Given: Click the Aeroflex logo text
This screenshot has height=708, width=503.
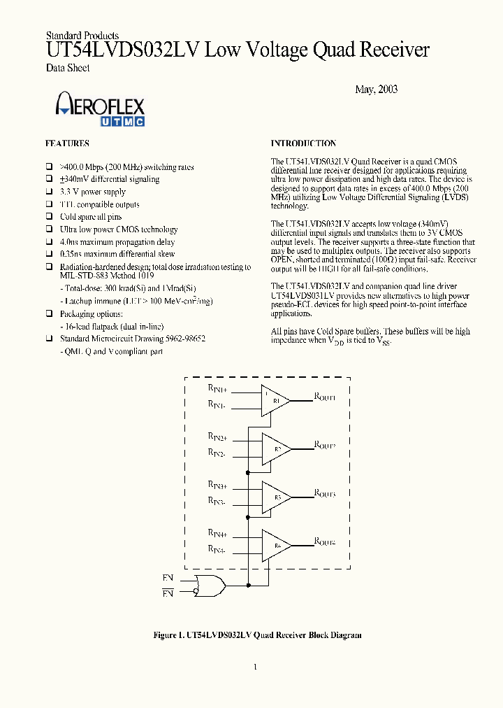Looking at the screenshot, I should click(100, 106).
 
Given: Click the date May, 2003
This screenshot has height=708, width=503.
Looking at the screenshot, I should click(376, 90).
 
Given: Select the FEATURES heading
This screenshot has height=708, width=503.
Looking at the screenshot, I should click(67, 143).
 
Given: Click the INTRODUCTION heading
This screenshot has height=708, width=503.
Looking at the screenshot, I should click(303, 143).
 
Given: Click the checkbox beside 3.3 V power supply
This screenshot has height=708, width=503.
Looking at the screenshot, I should click(50, 192).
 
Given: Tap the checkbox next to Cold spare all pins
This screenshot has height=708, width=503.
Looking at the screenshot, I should click(50, 217).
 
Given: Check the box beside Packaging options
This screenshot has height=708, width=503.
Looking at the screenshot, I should click(50, 315).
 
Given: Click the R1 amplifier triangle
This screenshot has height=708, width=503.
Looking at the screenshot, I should click(275, 401).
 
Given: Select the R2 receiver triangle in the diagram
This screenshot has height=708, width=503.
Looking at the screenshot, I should click(275, 448).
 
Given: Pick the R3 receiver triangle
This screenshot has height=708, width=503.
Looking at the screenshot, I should click(275, 497).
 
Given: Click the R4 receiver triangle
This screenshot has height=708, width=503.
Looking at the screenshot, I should click(275, 545).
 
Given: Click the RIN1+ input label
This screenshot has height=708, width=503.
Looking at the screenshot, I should click(217, 388).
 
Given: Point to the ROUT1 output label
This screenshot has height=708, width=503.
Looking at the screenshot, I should click(325, 397).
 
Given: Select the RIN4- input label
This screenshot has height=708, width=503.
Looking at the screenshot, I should click(216, 551).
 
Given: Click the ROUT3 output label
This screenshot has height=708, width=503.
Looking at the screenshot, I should click(325, 494).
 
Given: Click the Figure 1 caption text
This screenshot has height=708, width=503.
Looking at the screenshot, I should click(257, 635).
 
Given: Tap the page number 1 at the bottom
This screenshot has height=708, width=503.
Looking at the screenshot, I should click(256, 667).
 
